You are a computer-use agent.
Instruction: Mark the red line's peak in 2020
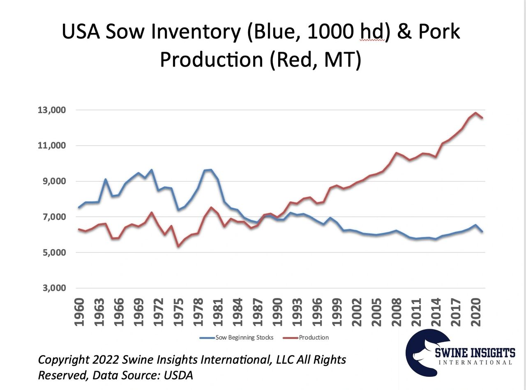click(x=475, y=113)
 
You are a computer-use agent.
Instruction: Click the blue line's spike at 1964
click(x=106, y=179)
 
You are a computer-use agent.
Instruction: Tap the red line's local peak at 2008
click(x=396, y=153)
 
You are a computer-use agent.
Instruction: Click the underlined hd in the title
click(x=373, y=32)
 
